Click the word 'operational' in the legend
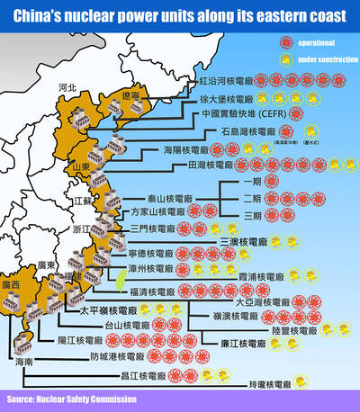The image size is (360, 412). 310,42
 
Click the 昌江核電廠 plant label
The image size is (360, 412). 143,375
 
